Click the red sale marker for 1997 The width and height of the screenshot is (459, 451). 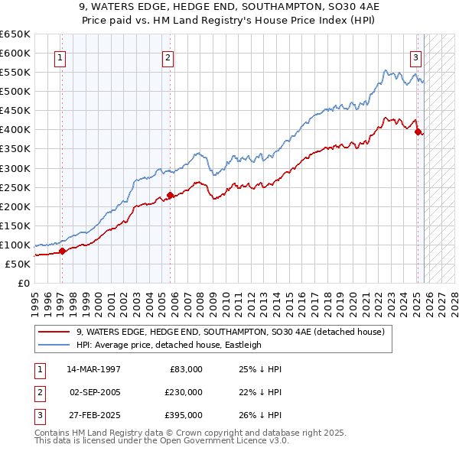(62, 251)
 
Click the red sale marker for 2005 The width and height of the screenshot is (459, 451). (170, 194)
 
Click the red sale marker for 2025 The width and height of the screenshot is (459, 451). (418, 131)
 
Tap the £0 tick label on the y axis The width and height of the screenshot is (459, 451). (23, 284)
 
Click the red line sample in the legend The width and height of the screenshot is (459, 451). (54, 332)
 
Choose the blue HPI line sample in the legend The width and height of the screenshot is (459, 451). (54, 345)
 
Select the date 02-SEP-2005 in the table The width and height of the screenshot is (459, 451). (95, 392)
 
